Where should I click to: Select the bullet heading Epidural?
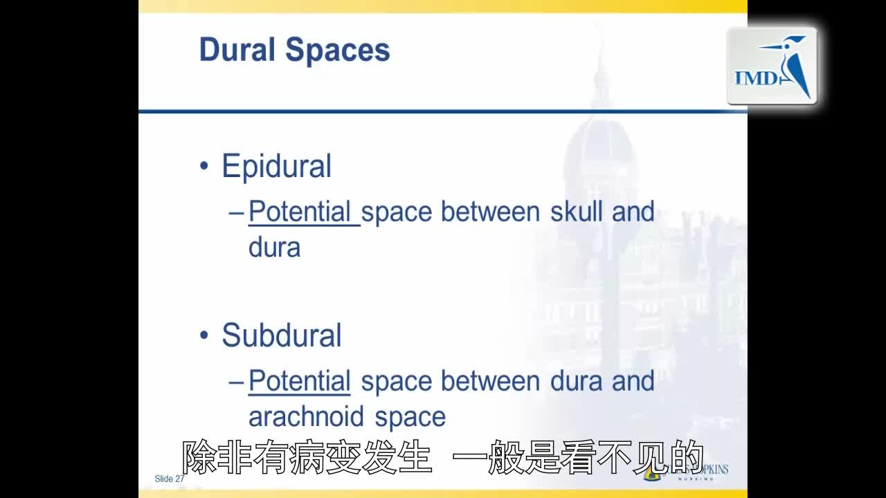276,167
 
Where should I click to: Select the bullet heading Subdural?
281,335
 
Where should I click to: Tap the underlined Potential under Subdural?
300,381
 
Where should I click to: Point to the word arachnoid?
307,417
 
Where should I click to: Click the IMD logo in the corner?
772,66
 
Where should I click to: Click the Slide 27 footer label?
170,479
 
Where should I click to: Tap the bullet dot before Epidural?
204,167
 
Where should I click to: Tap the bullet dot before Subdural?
204,336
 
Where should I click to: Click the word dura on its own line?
274,248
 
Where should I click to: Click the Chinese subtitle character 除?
199,457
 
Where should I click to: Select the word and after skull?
633,212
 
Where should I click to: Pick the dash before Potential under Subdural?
236,382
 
